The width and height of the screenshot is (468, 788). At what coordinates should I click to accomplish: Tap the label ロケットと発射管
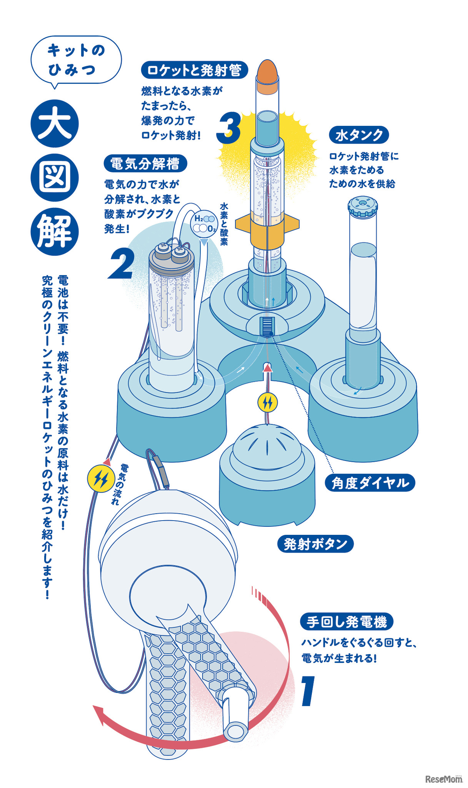[x=195, y=70]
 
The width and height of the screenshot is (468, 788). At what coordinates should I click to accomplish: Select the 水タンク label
[x=359, y=135]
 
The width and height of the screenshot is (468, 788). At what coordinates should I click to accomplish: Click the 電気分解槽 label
[x=145, y=164]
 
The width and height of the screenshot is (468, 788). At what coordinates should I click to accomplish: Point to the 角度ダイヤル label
[x=370, y=483]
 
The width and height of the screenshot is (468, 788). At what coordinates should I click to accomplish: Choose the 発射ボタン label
[x=315, y=544]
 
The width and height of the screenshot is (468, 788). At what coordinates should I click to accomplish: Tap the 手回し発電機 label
[x=346, y=622]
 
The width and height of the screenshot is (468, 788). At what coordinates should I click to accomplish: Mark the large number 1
[x=308, y=691]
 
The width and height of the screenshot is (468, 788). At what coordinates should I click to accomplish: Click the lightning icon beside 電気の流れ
[x=101, y=479]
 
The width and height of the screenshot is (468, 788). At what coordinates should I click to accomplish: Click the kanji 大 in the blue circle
[x=55, y=124]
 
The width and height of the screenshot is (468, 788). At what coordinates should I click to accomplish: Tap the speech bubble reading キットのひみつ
[x=76, y=60]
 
